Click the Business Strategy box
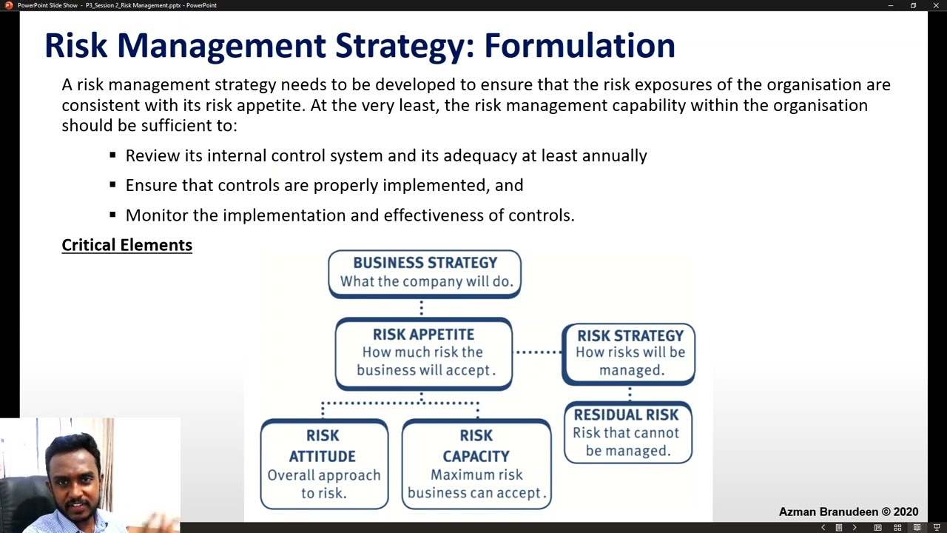(x=425, y=272)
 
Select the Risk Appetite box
(x=423, y=352)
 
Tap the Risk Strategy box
(x=629, y=353)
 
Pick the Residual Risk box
(x=627, y=433)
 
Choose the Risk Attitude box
(x=323, y=464)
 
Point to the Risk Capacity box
(x=476, y=464)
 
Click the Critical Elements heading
(x=127, y=245)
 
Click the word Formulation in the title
(x=579, y=46)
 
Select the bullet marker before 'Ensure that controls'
(x=112, y=185)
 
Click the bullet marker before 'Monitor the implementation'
(x=112, y=215)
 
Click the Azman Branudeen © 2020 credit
(x=848, y=512)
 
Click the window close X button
(x=936, y=5)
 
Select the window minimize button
(x=891, y=5)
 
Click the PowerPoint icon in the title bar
(x=8, y=5)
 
